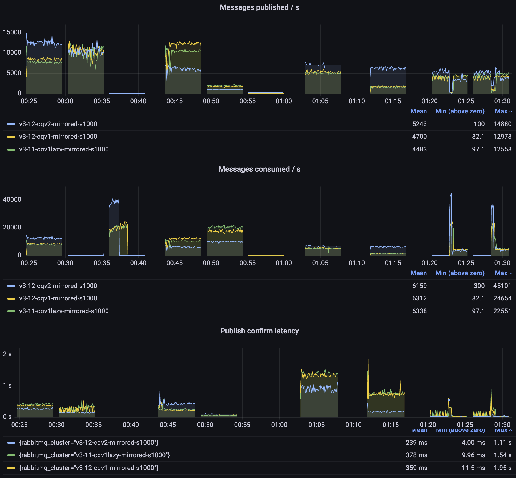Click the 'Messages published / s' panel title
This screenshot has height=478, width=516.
pos(259,7)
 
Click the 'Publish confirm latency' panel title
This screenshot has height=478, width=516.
pos(259,331)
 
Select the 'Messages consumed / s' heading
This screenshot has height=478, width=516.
pos(259,169)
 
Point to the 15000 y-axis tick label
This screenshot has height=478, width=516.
pos(12,32)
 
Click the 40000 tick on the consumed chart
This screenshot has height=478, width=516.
pos(12,200)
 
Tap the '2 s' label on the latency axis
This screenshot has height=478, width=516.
pos(7,354)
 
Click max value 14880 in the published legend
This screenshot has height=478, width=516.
pos(502,124)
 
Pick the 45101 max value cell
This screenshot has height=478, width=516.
pos(502,286)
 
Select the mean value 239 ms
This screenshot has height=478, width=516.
pos(416,442)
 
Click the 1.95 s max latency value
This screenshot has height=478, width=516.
pos(502,468)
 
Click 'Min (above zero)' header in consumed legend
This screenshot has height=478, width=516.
pos(460,273)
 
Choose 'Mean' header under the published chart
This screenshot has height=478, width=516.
pos(418,111)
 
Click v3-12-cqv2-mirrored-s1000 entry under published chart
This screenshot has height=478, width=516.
pos(58,124)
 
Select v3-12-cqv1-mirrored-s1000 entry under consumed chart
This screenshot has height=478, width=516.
pos(58,298)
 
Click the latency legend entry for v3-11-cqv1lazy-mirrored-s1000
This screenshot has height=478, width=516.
pos(94,455)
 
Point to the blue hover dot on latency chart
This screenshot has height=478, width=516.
pos(449,400)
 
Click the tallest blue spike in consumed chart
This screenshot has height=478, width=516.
pos(451,194)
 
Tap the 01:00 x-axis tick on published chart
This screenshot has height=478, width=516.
pos(284,101)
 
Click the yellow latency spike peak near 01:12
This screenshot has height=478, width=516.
pos(368,357)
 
